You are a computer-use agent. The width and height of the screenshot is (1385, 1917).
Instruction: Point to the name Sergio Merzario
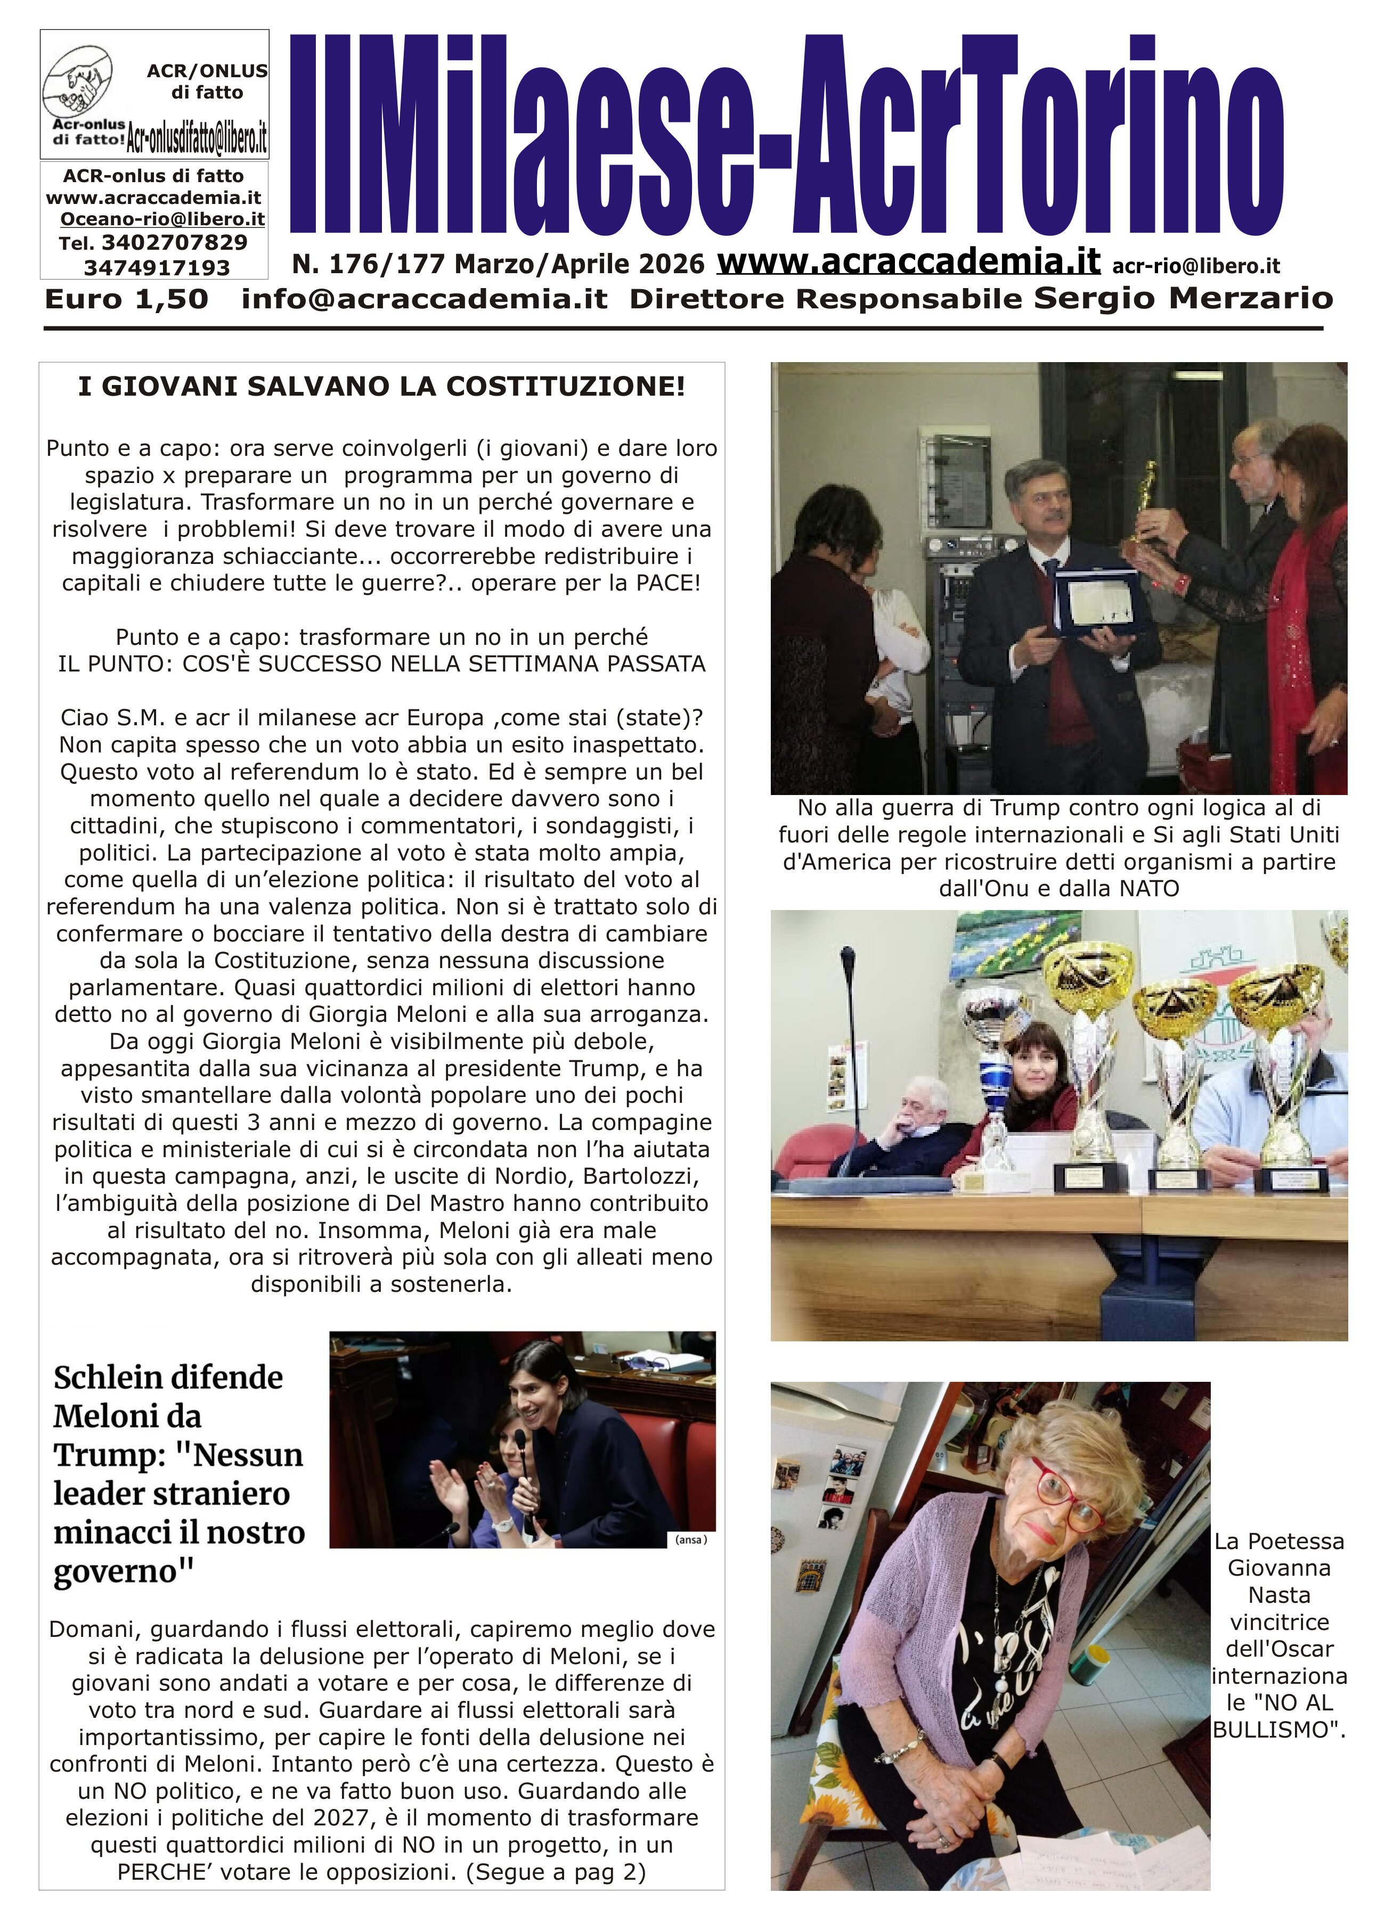tap(1184, 298)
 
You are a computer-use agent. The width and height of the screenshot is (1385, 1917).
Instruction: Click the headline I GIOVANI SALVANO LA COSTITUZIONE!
tap(381, 387)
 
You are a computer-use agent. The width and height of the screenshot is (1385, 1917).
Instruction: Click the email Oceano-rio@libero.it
tap(162, 219)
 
